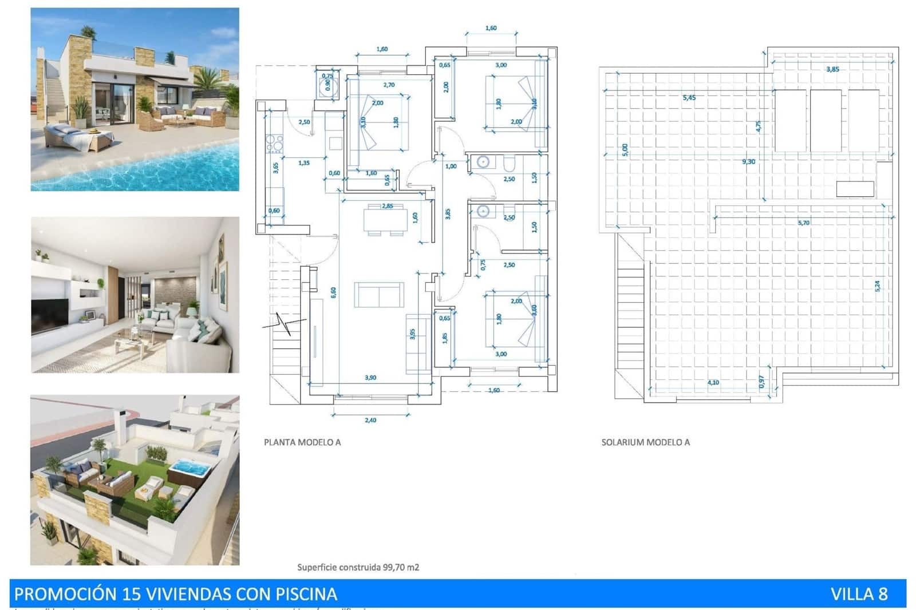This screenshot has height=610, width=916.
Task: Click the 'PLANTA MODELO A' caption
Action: pyautogui.click(x=302, y=442)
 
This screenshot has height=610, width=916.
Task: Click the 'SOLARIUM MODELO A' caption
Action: pyautogui.click(x=645, y=442)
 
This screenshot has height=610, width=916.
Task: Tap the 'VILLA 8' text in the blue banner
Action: pyautogui.click(x=859, y=594)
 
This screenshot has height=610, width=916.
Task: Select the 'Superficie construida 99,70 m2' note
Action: pyautogui.click(x=358, y=567)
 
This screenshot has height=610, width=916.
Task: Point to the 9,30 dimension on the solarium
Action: pyautogui.click(x=748, y=162)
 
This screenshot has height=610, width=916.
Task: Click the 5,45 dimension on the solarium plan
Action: pyautogui.click(x=689, y=98)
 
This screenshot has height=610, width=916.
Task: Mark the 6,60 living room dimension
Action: pyautogui.click(x=333, y=292)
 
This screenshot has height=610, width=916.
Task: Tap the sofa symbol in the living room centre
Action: pyautogui.click(x=378, y=294)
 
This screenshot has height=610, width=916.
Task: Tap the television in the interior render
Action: pyautogui.click(x=49, y=316)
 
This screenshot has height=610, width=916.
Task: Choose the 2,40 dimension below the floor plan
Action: pyautogui.click(x=370, y=420)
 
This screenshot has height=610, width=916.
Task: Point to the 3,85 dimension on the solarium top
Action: pyautogui.click(x=832, y=69)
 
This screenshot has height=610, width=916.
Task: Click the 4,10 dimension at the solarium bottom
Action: pyautogui.click(x=713, y=382)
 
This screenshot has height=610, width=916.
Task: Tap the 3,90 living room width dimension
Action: pyautogui.click(x=370, y=378)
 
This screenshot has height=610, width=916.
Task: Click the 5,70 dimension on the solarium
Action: pyautogui.click(x=804, y=223)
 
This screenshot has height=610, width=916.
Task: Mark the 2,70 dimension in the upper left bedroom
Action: pyautogui.click(x=389, y=85)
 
